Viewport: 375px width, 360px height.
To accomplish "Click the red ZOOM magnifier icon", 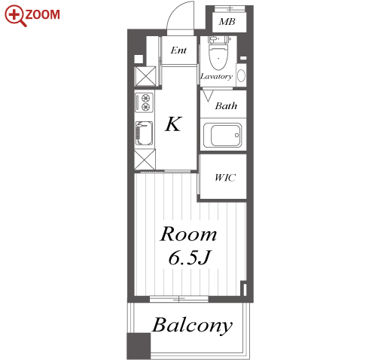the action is coord(16,16).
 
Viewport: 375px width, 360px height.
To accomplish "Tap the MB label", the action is coord(227,22).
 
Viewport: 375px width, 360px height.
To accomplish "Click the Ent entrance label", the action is coord(178,50).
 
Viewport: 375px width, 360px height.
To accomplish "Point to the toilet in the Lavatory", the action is coord(218,53).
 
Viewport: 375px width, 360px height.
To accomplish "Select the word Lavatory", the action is coord(216,76).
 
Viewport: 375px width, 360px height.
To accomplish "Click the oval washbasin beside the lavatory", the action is coord(241,75).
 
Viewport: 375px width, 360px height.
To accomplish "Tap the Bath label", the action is coord(226,106).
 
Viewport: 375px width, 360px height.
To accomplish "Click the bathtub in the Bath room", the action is coord(222,135).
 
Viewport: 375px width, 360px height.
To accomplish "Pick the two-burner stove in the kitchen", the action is coord(144,102).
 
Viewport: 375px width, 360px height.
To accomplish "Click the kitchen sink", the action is coord(144,133).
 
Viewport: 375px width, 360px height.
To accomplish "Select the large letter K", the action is coord(173,124).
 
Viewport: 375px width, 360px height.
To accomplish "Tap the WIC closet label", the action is coord(225,178).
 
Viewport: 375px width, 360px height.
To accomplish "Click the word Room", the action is coord(188,234).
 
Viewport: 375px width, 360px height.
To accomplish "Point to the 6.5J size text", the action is coord(189,258).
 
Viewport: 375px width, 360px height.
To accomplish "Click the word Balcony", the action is coord(193,325).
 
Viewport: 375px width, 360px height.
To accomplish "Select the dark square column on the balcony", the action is coord(139,346).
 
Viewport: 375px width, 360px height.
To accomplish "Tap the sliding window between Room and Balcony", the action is coord(179,299).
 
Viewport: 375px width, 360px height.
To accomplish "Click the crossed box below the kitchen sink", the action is coord(145,160).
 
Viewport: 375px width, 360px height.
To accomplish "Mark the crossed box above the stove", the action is coord(145,76).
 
